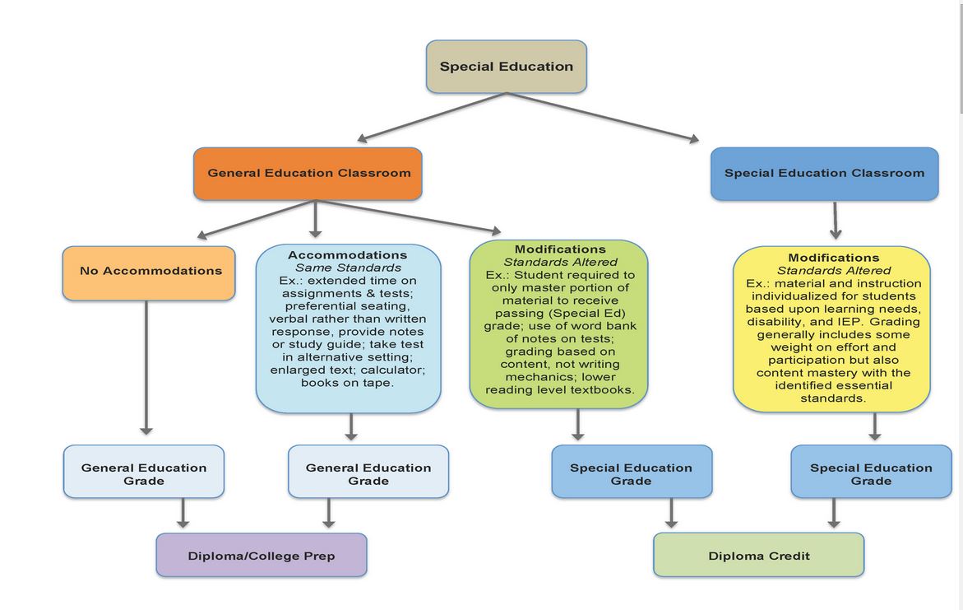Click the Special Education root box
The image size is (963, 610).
click(506, 67)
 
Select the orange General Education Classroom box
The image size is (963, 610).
click(308, 173)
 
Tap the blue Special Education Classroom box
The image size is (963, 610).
click(824, 173)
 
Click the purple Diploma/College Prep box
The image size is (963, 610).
click(262, 556)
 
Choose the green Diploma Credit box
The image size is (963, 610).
click(758, 556)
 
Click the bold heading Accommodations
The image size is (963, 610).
click(347, 255)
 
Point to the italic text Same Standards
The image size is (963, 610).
click(348, 268)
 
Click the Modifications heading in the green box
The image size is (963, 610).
click(560, 249)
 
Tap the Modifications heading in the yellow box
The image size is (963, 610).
click(833, 258)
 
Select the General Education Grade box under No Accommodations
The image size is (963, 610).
click(144, 473)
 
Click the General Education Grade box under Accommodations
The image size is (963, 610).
click(368, 473)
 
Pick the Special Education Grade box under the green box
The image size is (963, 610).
click(631, 473)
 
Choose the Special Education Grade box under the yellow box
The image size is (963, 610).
click(871, 473)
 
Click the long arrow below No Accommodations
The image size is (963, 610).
click(146, 366)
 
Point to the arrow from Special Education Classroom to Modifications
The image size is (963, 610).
click(836, 220)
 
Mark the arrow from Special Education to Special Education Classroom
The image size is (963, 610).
click(604, 117)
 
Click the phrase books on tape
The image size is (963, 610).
click(347, 383)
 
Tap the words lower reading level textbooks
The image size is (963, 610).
click(560, 389)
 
